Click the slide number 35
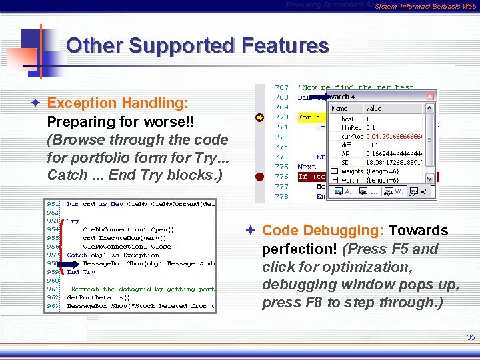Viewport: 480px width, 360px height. (471, 338)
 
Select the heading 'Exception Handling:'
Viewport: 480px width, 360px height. (118, 103)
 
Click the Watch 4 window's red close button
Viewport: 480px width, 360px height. (430, 97)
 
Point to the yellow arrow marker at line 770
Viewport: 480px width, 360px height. (259, 117)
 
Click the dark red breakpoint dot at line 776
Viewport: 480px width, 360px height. (259, 177)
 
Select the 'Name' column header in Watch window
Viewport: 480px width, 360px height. (340, 108)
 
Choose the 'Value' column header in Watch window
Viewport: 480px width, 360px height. (374, 108)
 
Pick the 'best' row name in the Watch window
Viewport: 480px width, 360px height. (347, 119)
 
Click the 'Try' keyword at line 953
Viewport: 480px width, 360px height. (73, 220)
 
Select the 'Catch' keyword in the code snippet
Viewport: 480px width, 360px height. (77, 255)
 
